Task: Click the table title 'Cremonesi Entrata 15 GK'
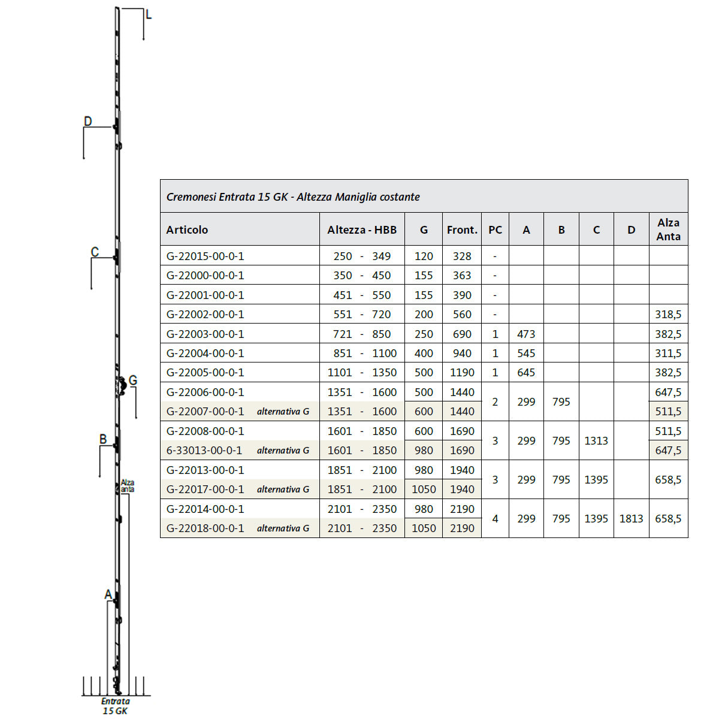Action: tap(226, 197)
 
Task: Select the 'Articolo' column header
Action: tap(187, 229)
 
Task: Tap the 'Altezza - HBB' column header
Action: tap(361, 229)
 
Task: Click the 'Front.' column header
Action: tap(462, 229)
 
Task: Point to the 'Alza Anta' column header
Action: tap(668, 229)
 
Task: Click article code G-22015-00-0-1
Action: tap(205, 256)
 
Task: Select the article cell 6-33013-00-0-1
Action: tap(204, 450)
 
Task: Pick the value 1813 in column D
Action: tap(631, 518)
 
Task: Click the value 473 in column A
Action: tap(525, 334)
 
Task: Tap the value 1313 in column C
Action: tap(596, 440)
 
